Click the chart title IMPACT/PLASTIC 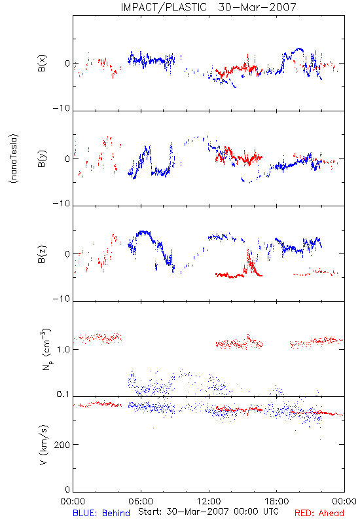164,7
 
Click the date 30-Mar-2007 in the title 257,7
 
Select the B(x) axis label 42,63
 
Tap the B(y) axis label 42,159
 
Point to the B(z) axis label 42,254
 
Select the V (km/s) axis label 43,445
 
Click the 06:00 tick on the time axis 141,501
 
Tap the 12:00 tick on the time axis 209,501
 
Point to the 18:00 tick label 277,501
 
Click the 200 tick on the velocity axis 62,445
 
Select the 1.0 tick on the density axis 63,350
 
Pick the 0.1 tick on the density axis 63,394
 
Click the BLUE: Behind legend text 101,513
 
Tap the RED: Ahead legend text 319,513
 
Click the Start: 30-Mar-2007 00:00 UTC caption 208,512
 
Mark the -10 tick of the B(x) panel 62,108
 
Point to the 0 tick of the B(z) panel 67,254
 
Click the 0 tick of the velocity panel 67,489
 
